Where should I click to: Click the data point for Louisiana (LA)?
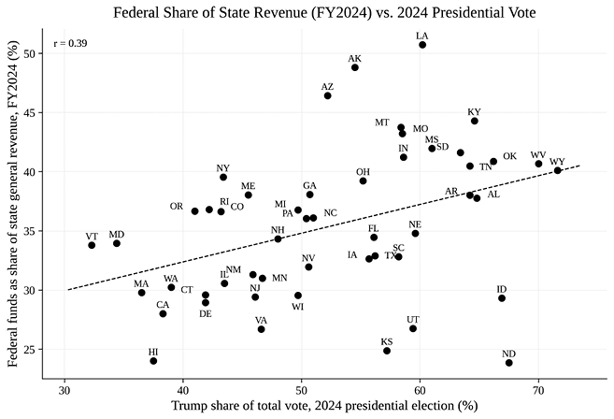click(422, 45)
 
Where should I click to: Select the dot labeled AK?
click(355, 67)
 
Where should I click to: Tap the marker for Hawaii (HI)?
click(153, 361)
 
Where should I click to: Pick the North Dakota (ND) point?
click(508, 363)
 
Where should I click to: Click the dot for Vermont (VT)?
click(92, 245)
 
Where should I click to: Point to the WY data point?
click(557, 170)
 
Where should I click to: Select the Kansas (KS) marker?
click(387, 351)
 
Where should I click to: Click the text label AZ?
click(327, 87)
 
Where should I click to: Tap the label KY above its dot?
click(474, 112)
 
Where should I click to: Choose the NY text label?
click(222, 168)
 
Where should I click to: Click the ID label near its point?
click(502, 289)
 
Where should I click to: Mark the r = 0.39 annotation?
click(70, 43)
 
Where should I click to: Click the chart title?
click(324, 13)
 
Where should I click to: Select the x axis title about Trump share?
click(324, 406)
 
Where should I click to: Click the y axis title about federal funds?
click(13, 204)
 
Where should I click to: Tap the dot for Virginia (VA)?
click(261, 329)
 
